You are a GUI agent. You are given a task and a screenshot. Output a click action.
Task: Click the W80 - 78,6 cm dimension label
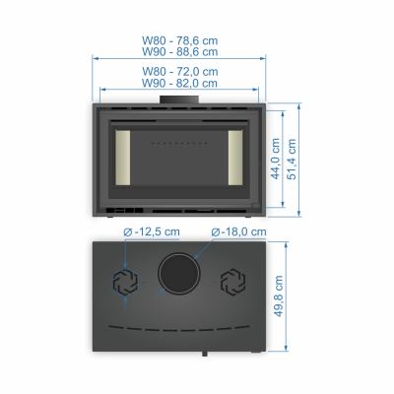pos(179,40)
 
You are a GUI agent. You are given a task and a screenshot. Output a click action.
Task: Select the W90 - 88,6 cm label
pos(179,52)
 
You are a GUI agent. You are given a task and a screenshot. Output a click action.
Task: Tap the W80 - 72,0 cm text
pos(180,72)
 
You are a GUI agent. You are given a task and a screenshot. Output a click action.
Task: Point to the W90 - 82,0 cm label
pos(179,83)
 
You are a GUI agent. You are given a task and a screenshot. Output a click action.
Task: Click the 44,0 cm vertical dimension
pos(276,159)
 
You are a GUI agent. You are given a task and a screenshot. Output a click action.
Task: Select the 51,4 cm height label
pos(292,160)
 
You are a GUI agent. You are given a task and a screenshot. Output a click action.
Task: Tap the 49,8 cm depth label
pos(279,295)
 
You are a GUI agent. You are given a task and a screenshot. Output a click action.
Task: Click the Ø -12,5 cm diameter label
pos(152,232)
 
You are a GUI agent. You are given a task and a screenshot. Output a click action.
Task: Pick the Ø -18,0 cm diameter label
pos(238,232)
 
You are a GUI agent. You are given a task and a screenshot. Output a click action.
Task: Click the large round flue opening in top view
pos(179,273)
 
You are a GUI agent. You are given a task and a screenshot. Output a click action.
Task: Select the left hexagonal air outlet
pos(125,282)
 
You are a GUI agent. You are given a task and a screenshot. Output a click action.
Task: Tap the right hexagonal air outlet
pos(232,282)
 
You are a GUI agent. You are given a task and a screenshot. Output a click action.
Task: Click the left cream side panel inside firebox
pos(122,158)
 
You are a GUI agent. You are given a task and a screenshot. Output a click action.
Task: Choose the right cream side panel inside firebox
pos(235,158)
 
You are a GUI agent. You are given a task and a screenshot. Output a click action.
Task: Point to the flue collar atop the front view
pos(179,99)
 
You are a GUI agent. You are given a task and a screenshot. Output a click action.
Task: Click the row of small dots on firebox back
pos(179,143)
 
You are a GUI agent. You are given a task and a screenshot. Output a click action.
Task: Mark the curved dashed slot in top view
pos(179,329)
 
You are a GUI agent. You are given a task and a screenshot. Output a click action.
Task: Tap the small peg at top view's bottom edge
pos(205,354)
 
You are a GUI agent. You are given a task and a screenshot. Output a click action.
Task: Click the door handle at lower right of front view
pos(256,206)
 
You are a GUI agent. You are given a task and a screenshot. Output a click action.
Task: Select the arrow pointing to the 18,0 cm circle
pos(203,249)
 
